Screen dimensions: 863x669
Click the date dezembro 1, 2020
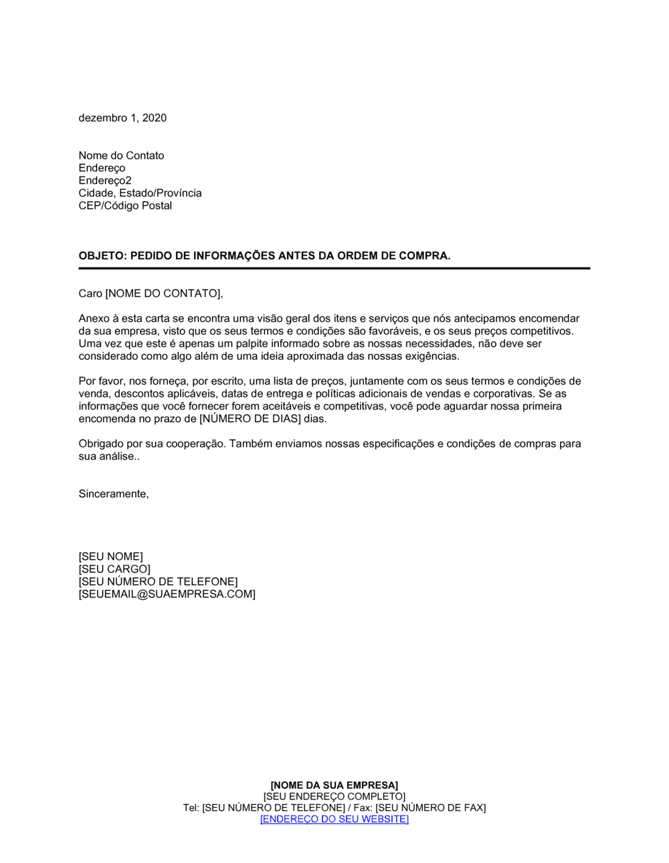point(122,118)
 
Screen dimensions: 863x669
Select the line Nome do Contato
point(121,155)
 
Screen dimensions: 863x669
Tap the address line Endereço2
point(105,181)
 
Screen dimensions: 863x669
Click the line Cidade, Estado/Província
point(140,193)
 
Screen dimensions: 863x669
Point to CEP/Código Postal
point(125,205)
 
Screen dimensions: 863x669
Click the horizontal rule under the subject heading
point(334,268)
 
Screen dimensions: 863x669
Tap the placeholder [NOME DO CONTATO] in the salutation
point(163,293)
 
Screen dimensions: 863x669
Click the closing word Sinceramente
point(112,494)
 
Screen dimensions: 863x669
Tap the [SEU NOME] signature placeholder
point(110,557)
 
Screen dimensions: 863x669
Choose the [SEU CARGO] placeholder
point(114,569)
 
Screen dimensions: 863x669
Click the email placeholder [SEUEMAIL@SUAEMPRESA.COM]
point(167,594)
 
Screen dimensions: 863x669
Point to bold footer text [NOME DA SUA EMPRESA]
point(334,785)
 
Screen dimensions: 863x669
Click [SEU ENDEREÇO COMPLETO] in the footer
point(334,796)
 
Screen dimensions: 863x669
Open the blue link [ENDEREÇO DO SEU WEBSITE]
point(334,819)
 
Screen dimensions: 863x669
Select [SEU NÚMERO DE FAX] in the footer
point(430,807)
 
